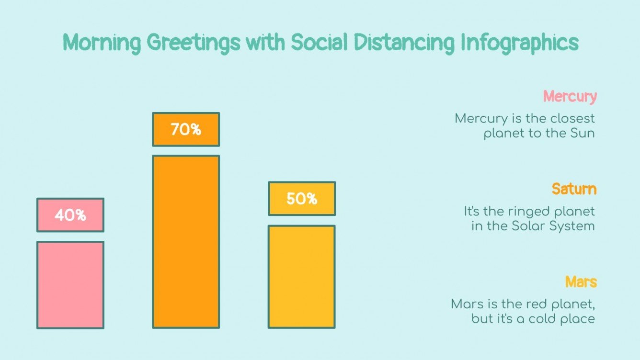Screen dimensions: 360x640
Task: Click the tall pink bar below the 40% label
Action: [70, 285]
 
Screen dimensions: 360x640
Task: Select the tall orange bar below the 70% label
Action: [186, 242]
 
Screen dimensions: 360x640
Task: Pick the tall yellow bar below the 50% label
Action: [301, 277]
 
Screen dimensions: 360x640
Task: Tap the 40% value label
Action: [70, 215]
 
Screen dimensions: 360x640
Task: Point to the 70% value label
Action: [186, 129]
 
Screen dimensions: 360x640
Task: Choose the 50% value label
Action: [301, 199]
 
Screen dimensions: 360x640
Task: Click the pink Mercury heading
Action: [570, 96]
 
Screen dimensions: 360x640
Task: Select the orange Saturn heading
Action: [574, 189]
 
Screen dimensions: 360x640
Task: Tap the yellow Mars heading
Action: [581, 281]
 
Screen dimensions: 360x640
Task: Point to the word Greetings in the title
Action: [193, 44]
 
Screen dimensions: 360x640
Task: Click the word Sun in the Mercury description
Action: [582, 133]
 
